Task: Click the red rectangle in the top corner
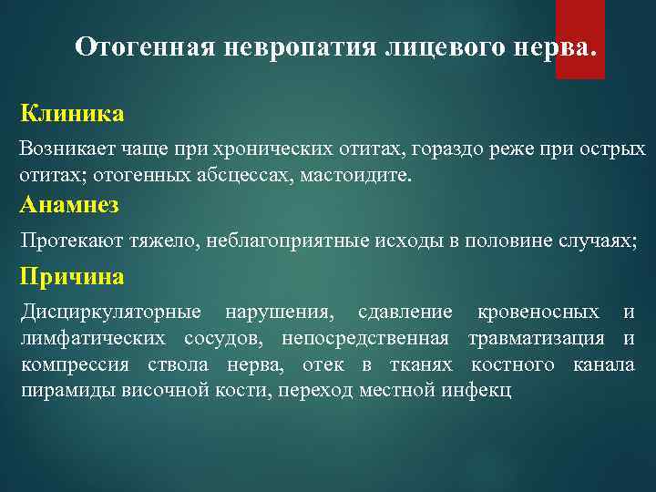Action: [579, 38]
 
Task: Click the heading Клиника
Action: [72, 115]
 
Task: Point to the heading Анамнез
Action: [69, 205]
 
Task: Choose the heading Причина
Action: [72, 276]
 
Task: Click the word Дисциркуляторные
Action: [110, 313]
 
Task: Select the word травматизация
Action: [536, 339]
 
